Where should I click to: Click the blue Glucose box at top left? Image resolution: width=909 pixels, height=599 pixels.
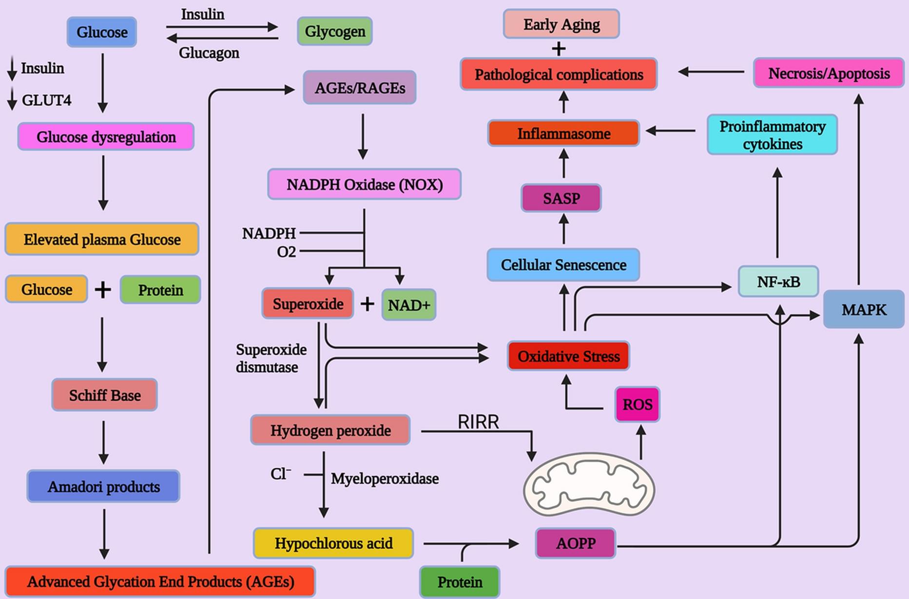tap(101, 32)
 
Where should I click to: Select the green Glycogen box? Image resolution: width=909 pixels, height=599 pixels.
tap(335, 32)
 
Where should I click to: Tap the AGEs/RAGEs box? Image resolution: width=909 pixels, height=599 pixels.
tap(360, 88)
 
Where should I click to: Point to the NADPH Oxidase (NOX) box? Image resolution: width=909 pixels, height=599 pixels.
tap(364, 185)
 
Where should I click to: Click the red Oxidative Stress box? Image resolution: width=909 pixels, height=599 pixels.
tap(568, 356)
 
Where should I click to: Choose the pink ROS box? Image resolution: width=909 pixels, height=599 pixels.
tap(637, 405)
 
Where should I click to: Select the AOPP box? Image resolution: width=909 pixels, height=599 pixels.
tap(576, 543)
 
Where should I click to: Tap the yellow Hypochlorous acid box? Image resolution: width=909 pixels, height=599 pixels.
tap(333, 543)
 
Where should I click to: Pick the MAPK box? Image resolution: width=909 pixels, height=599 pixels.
tap(864, 309)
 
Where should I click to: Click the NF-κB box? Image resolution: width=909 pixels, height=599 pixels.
tap(778, 282)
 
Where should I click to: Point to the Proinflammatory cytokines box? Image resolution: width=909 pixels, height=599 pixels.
tap(772, 135)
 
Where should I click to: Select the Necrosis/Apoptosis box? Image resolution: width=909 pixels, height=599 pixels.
tap(829, 74)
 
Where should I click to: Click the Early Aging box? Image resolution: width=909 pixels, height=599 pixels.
tap(561, 24)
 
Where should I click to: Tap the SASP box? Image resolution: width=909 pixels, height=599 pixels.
tap(561, 198)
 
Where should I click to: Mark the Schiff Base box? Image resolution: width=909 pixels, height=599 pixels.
tap(104, 395)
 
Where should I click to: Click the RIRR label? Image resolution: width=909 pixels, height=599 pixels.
tap(478, 422)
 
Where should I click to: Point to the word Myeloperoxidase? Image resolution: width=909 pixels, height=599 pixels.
tap(385, 479)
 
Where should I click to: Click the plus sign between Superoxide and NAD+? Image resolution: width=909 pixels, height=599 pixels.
tap(367, 304)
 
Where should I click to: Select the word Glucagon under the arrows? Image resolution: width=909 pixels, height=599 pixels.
tap(209, 53)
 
